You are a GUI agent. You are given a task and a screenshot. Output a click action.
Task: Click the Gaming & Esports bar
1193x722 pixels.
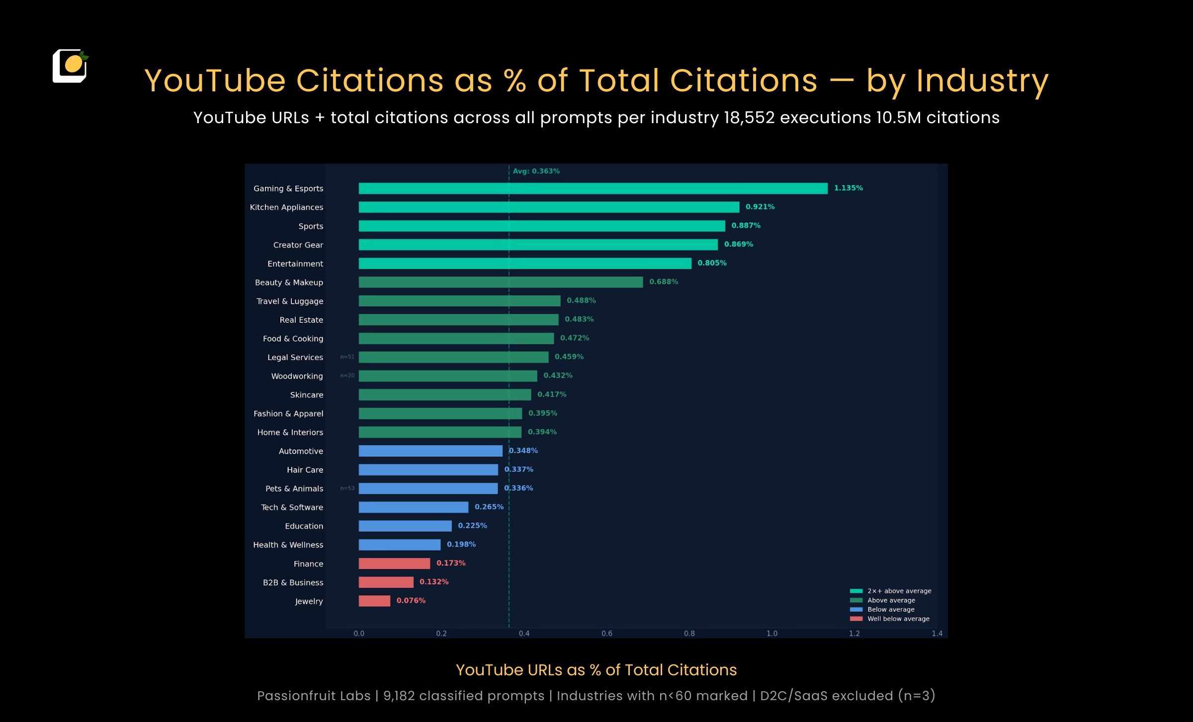[593, 188]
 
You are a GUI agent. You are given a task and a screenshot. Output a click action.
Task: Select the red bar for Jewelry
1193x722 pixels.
[374, 601]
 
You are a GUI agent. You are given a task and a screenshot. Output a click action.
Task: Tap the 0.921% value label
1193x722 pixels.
[760, 207]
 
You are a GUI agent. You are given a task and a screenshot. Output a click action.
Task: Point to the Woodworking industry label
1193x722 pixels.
[297, 376]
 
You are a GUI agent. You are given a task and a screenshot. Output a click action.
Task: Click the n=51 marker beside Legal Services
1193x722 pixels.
[347, 357]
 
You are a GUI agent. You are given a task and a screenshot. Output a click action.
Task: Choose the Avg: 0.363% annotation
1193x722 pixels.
[536, 171]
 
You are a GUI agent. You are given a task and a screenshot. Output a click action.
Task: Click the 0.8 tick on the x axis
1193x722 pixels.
[689, 634]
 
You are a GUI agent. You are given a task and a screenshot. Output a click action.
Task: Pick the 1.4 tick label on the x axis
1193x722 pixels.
[937, 634]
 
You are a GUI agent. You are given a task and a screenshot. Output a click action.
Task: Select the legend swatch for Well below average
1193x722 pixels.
[856, 619]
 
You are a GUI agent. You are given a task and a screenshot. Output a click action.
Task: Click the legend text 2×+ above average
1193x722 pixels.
[899, 591]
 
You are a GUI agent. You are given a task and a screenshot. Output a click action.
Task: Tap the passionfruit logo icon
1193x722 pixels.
[70, 66]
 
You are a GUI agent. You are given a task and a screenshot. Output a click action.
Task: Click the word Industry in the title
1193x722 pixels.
[982, 81]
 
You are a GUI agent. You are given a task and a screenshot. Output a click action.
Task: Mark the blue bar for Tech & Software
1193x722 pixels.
[413, 507]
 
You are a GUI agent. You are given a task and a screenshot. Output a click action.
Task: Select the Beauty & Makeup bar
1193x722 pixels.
[501, 282]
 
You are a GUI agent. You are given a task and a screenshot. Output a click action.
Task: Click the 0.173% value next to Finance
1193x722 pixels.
[450, 563]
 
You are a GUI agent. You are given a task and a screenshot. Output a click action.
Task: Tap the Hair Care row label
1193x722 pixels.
[305, 470]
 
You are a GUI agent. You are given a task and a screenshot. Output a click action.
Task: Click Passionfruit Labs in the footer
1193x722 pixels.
[314, 696]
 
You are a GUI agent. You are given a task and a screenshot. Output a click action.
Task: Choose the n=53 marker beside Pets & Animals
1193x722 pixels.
[347, 489]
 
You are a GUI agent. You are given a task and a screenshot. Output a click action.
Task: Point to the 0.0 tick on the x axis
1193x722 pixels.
[358, 634]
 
